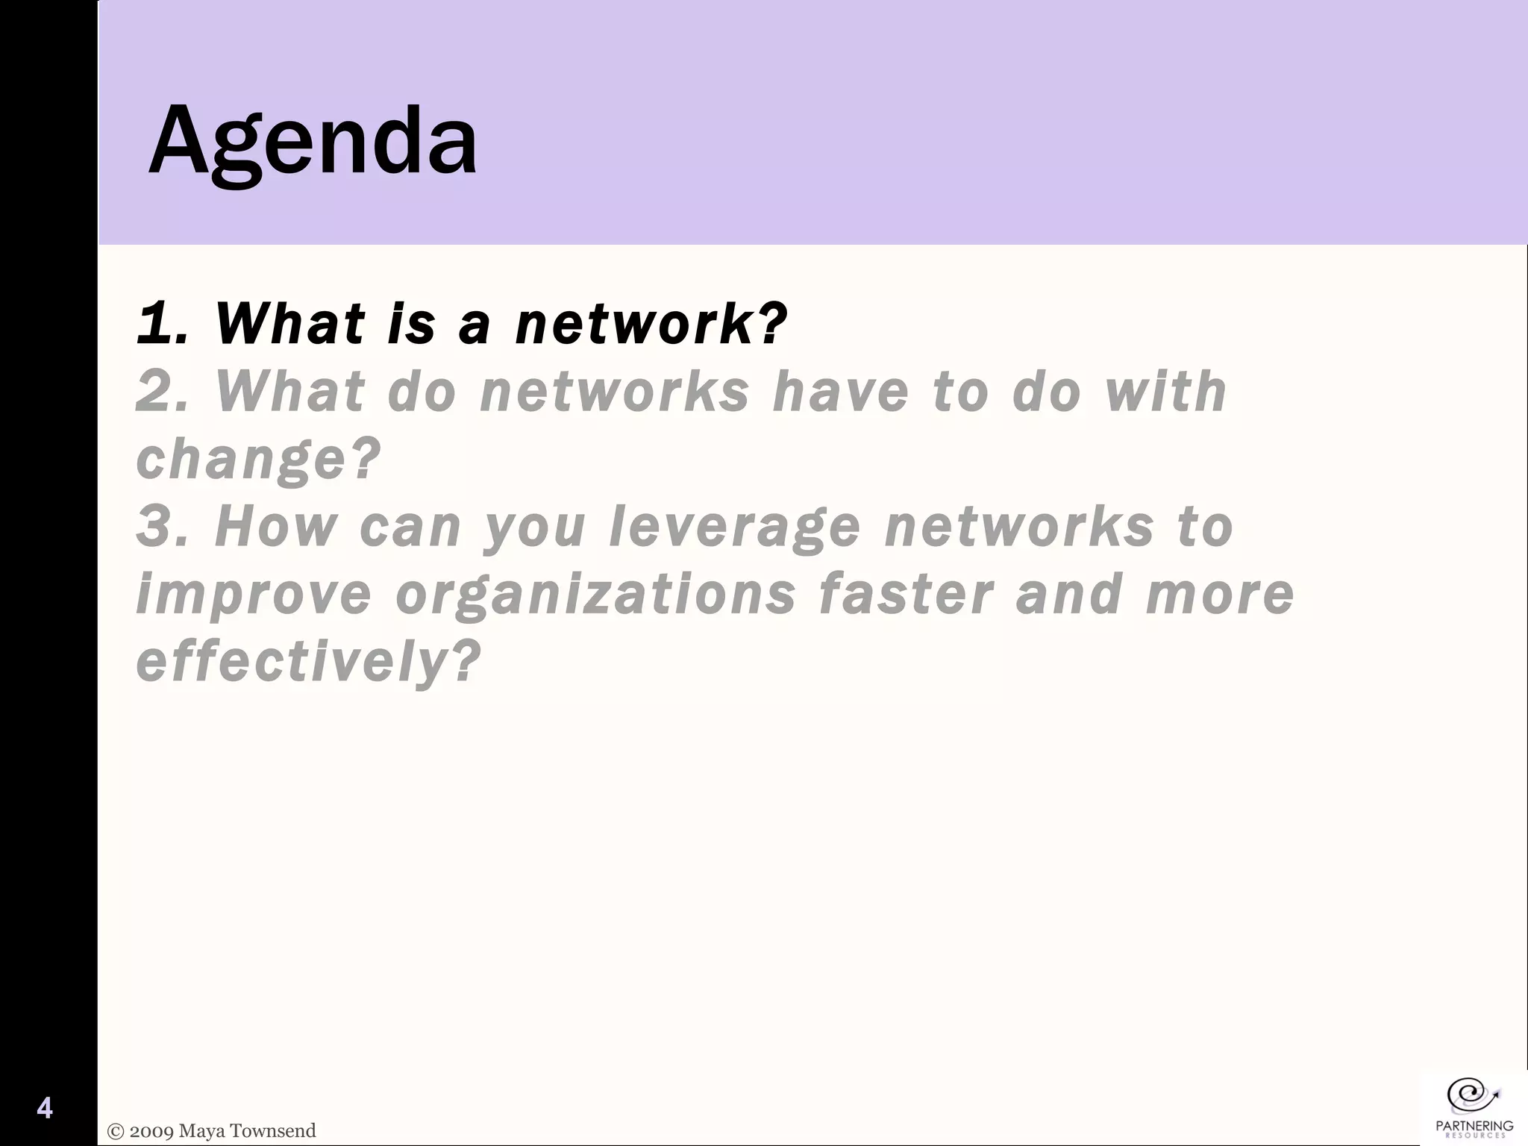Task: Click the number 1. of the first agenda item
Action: pyautogui.click(x=161, y=324)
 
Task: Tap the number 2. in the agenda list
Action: pyautogui.click(x=161, y=392)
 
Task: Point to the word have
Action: pyautogui.click(x=841, y=392)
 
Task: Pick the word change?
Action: pyautogui.click(x=258, y=459)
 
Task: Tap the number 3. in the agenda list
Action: pyautogui.click(x=161, y=527)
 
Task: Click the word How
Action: pyautogui.click(x=275, y=527)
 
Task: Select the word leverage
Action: pyautogui.click(x=735, y=527)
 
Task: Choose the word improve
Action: pyautogui.click(x=254, y=594)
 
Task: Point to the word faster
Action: pyautogui.click(x=906, y=594)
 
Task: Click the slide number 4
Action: pyautogui.click(x=45, y=1108)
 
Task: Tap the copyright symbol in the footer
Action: pyautogui.click(x=116, y=1131)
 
